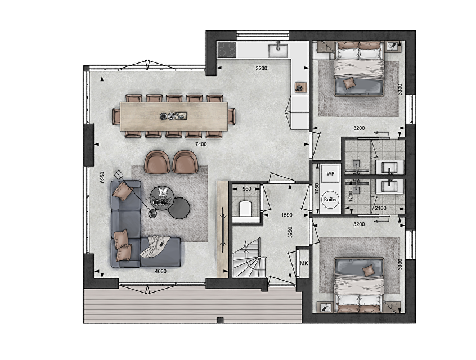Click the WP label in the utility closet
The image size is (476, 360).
coord(330,174)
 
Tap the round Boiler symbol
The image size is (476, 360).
coord(330,200)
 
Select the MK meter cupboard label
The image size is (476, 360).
coord(304,263)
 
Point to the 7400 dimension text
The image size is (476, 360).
coord(201,144)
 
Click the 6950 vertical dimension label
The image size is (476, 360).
coord(102,177)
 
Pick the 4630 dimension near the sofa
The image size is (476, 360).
coord(160,271)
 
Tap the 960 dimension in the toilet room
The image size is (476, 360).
coord(247,189)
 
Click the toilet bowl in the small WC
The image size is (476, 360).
coord(245,208)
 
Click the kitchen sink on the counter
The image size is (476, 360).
coord(278,49)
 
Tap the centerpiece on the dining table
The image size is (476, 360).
coord(173,116)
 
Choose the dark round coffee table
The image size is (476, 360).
coord(179,208)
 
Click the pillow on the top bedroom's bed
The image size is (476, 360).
coord(348,83)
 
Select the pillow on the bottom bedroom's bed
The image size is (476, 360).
coord(369,270)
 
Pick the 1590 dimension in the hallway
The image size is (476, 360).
coord(286,215)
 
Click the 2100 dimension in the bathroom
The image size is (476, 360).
coord(380,208)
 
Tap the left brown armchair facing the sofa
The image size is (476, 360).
coord(157,163)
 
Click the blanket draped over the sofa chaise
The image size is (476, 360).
coord(155,246)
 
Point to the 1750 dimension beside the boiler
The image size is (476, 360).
coord(317,188)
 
